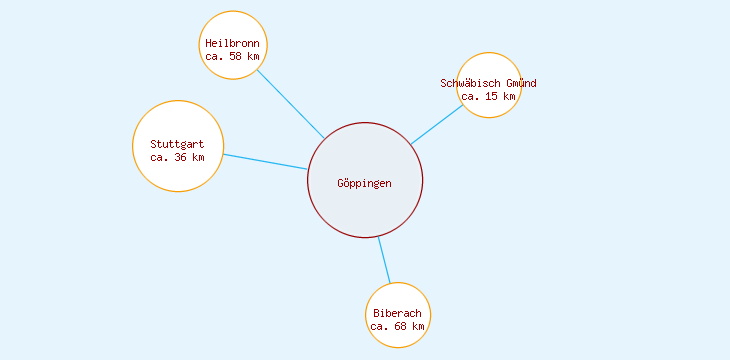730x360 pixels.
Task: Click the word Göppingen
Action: (365, 183)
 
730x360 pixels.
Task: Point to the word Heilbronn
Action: (232, 44)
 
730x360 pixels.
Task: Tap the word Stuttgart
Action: (177, 144)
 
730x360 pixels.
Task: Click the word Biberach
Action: (397, 314)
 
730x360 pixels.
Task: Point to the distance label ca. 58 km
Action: (232, 57)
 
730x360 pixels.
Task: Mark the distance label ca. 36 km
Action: (177, 157)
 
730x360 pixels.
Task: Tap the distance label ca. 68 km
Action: (397, 327)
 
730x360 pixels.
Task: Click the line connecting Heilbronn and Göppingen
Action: (291, 104)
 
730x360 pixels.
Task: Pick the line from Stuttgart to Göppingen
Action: (265, 162)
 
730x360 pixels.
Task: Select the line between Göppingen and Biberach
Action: (384, 260)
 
